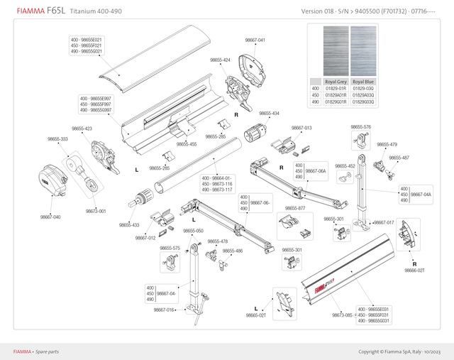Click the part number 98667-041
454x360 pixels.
255,40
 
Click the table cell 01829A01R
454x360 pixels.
336,94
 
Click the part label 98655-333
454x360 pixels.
58,139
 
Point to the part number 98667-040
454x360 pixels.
50,217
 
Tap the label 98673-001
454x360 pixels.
96,211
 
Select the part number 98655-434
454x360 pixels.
269,114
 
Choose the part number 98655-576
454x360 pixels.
361,127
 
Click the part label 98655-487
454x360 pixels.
399,158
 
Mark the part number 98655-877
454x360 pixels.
295,208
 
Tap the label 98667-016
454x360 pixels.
165,310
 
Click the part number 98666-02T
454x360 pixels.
414,270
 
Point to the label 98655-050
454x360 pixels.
193,231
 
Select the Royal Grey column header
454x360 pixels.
336,81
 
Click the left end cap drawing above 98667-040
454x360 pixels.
53,182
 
